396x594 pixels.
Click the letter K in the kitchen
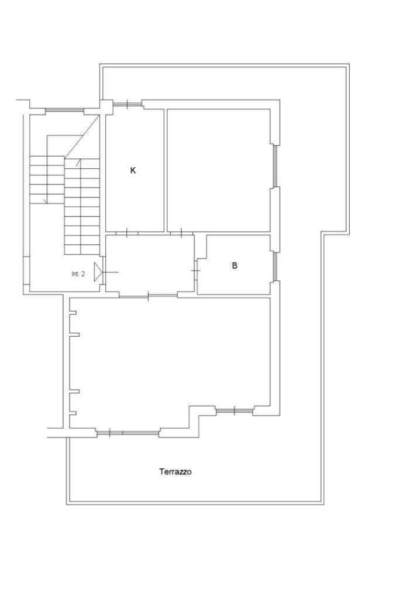pos(133,171)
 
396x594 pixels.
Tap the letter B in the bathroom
pos(235,265)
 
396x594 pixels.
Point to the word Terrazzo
pos(175,472)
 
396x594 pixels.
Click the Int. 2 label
pos(78,274)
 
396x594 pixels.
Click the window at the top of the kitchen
pos(128,103)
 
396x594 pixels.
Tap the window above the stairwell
pos(64,110)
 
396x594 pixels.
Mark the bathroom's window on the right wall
pos(276,267)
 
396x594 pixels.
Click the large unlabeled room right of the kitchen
pos(219,171)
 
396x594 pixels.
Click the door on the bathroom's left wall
pos(196,271)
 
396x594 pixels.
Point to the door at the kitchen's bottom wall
pos(127,233)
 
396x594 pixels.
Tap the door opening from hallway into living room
pos(148,296)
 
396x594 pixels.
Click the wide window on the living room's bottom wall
pos(128,433)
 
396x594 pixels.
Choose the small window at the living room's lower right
pos(235,410)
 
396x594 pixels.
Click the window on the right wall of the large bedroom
pos(276,166)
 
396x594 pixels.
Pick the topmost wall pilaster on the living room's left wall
pos(74,313)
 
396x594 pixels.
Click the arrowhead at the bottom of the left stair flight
pos(47,201)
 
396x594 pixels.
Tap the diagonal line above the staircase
pos(82,137)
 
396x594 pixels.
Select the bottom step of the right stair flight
pos(82,250)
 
